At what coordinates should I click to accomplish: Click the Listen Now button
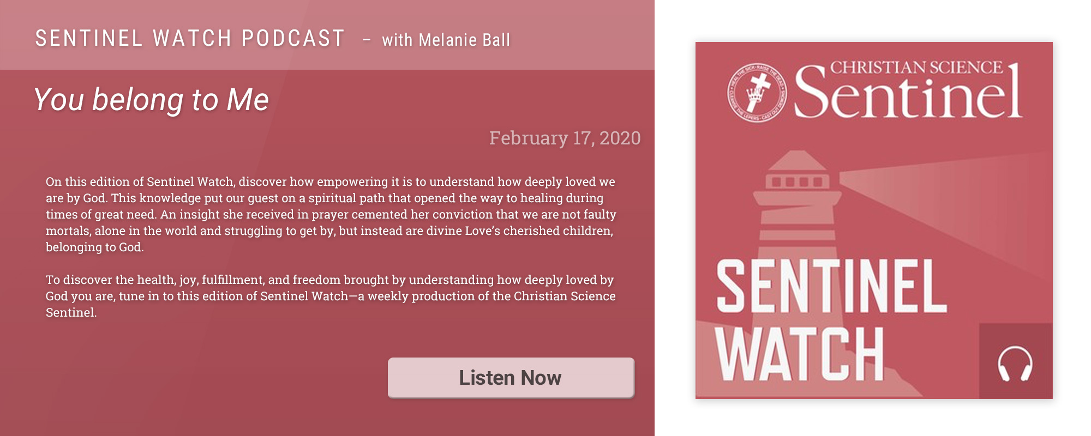coord(511,378)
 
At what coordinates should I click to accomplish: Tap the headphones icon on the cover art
coord(1015,364)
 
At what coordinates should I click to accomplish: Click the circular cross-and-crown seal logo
coord(757,92)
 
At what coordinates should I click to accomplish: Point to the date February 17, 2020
coord(565,138)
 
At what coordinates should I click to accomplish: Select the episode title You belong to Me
coord(151,100)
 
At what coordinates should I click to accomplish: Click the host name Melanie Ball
coord(464,40)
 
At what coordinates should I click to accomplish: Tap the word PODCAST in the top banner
coord(293,38)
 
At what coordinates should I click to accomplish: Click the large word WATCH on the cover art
coord(799,354)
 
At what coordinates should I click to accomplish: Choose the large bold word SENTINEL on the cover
coord(831,286)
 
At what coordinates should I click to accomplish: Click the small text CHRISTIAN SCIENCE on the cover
coord(916,67)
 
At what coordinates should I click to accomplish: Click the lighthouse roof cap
coord(797,160)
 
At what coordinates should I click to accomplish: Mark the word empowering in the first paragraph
coord(352,181)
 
